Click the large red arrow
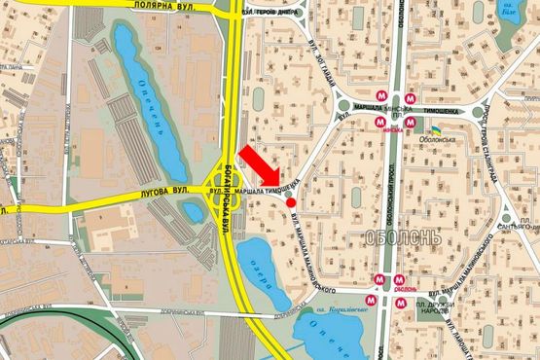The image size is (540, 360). click(x=260, y=169)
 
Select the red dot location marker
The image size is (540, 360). click(x=291, y=202)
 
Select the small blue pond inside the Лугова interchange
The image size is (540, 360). click(x=223, y=181)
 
